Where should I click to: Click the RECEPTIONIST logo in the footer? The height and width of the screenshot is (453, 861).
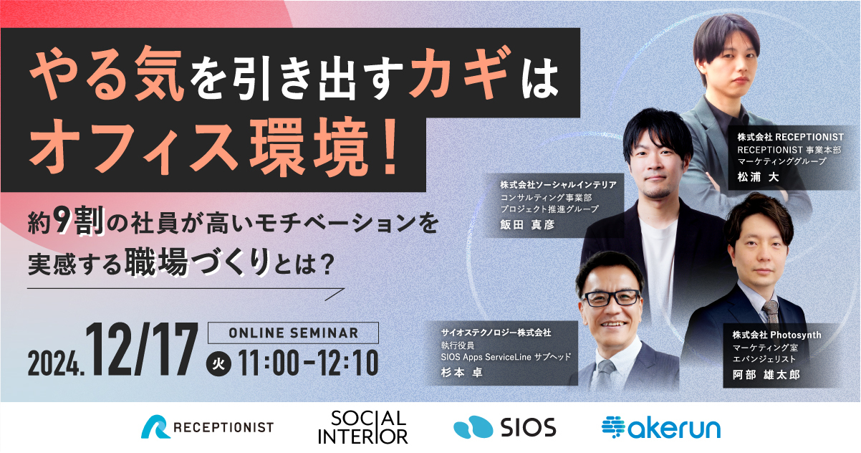(x=207, y=427)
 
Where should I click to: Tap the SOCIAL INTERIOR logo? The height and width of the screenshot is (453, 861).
(x=363, y=427)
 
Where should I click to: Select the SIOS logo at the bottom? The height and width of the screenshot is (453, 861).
(x=505, y=427)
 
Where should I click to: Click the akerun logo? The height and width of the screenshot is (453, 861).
(x=661, y=428)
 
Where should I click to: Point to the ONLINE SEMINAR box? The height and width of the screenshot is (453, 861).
(x=293, y=333)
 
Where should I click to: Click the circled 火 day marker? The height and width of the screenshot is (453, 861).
(x=218, y=363)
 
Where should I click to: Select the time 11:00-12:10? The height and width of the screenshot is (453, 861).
(x=308, y=363)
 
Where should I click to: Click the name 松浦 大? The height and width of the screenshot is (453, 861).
(x=758, y=177)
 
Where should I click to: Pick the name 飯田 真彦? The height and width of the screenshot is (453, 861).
(x=527, y=224)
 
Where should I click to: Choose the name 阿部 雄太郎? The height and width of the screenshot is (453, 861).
(x=766, y=375)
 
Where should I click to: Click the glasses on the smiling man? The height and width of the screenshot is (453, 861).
(x=612, y=298)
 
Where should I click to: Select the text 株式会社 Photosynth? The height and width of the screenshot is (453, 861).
(x=776, y=335)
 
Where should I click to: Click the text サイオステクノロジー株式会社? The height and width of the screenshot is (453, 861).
(x=496, y=333)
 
